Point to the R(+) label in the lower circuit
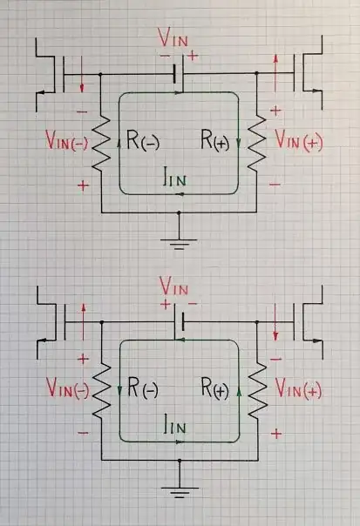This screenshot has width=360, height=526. click(x=214, y=389)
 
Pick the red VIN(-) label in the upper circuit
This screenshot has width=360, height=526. click(x=68, y=141)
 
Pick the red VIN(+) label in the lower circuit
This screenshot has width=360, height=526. click(x=298, y=389)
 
